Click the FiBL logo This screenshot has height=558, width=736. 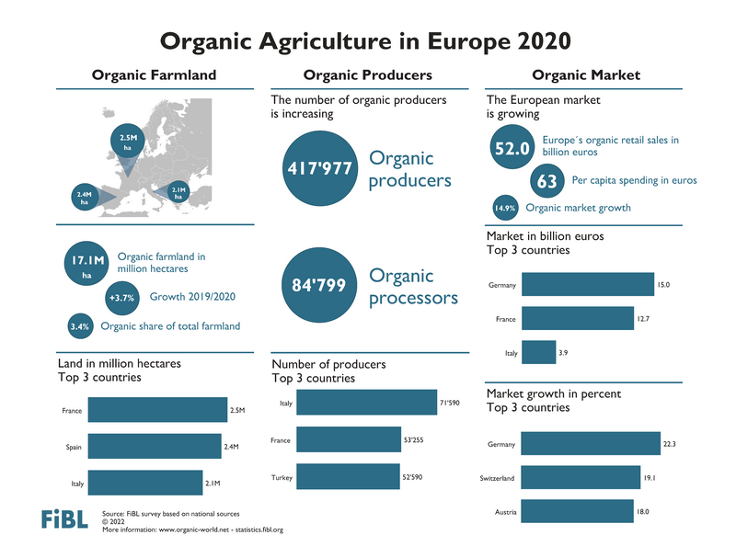pos(64,519)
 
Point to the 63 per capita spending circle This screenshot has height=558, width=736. pos(546,181)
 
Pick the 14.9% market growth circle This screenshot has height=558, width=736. pos(505,209)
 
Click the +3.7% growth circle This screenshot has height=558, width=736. pos(121,298)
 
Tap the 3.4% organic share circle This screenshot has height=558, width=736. pos(79,325)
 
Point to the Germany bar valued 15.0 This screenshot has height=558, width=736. pos(588,286)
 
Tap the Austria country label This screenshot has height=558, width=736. pos(502,511)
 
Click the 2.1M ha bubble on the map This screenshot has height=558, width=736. pos(178,191)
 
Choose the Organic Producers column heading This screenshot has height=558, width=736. pos(367,75)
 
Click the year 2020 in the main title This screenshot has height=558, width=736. pos(543,40)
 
